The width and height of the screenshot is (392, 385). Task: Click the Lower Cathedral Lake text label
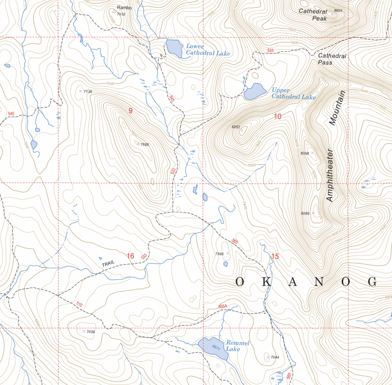pos(208,50)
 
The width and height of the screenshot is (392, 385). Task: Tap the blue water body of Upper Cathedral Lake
pos(254,92)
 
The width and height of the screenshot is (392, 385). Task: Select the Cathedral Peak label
pos(312,14)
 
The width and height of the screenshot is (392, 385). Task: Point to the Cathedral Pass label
pos(332,59)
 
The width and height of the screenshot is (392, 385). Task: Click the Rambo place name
pos(124,8)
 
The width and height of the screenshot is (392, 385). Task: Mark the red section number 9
pos(131,111)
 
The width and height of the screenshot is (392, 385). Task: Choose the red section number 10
pos(277,117)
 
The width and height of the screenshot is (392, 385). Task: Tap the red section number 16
pos(130,256)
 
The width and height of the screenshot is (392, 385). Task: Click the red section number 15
pos(276,256)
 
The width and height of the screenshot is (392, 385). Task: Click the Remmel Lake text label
pos(237,346)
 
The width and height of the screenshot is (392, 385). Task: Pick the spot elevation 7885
pos(144,145)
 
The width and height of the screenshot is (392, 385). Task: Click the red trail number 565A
pos(222,306)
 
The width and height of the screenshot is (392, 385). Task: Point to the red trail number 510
pos(79,304)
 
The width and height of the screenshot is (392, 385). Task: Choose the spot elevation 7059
pos(91,332)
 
